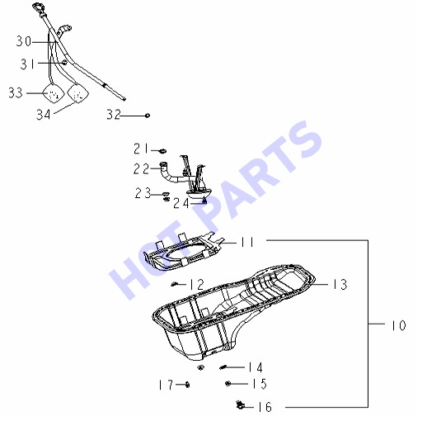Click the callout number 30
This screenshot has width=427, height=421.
pyautogui.click(x=24, y=41)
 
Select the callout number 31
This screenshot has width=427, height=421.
pyautogui.click(x=28, y=64)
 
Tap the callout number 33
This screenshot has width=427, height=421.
pyautogui.click(x=16, y=92)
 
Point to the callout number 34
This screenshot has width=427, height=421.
pyautogui.click(x=44, y=114)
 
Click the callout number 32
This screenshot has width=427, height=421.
pyautogui.click(x=114, y=114)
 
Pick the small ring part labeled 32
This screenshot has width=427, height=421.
pyautogui.click(x=148, y=116)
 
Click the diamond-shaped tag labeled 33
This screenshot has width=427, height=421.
pyautogui.click(x=54, y=93)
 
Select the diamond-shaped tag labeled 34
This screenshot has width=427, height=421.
pyautogui.click(x=78, y=94)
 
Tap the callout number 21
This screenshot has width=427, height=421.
pyautogui.click(x=141, y=149)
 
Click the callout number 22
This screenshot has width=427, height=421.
pyautogui.click(x=141, y=168)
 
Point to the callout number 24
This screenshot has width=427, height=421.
pyautogui.click(x=181, y=203)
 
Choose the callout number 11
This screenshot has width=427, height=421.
pyautogui.click(x=247, y=242)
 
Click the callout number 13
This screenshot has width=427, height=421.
pyautogui.click(x=340, y=284)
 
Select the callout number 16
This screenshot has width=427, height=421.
pyautogui.click(x=265, y=407)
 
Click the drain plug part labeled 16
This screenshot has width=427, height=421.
pyautogui.click(x=240, y=404)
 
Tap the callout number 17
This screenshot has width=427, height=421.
pyautogui.click(x=166, y=385)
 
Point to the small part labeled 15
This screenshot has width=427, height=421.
pyautogui.click(x=228, y=383)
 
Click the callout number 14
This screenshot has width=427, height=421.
pyautogui.click(x=256, y=367)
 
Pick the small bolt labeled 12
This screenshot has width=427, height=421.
pyautogui.click(x=174, y=284)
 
